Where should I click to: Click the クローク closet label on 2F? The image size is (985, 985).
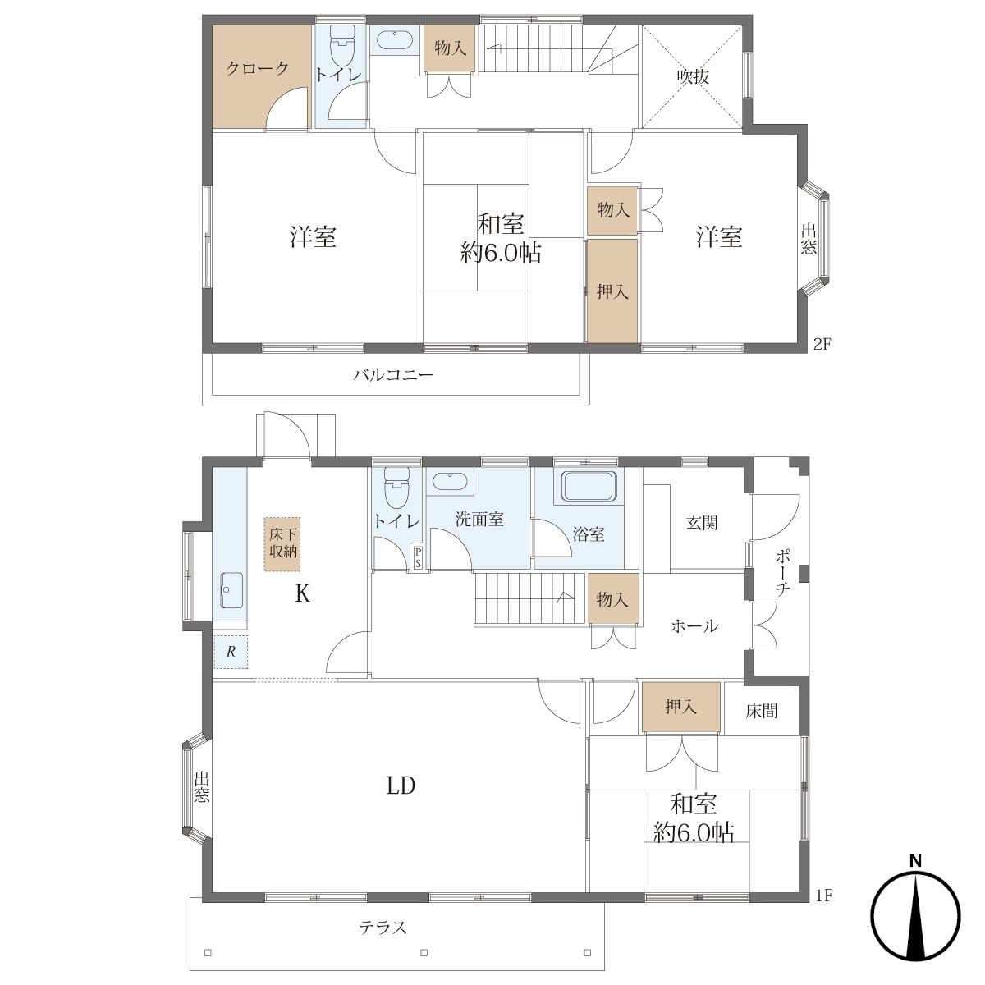click(257, 68)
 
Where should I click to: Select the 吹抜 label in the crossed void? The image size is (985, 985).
click(693, 76)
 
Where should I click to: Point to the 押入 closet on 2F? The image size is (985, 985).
click(612, 291)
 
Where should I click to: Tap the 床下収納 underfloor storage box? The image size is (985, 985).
click(282, 543)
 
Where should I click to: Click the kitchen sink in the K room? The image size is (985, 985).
click(232, 590)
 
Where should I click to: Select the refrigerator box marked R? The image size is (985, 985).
click(231, 652)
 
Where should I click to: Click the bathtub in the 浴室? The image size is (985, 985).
click(589, 486)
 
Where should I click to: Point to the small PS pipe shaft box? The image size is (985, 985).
click(418, 557)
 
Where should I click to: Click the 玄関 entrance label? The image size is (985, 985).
click(702, 522)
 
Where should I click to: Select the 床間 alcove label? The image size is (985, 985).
click(761, 711)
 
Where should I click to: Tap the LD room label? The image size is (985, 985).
click(401, 786)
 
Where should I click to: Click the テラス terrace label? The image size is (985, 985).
click(383, 926)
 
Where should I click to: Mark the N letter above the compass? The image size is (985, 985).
click(915, 861)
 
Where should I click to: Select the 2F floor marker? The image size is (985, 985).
click(822, 345)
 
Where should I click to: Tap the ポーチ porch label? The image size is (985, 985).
click(782, 573)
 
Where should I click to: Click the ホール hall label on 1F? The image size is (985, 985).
click(694, 625)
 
